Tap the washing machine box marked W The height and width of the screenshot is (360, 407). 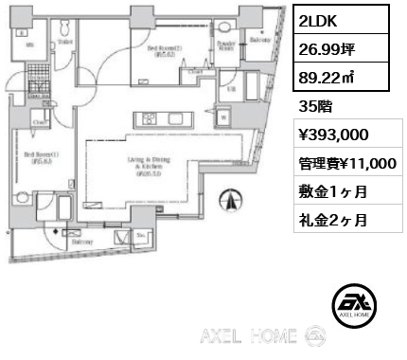tap(223, 118)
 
